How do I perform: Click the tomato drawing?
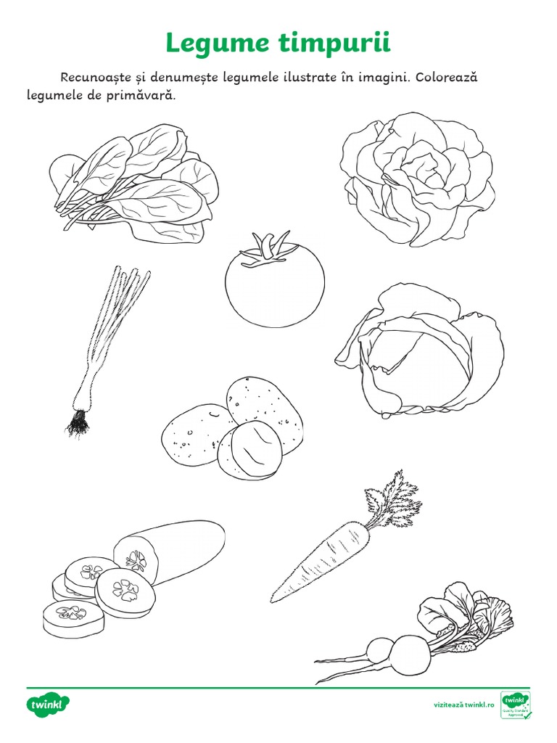274,287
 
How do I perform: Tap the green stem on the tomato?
270,247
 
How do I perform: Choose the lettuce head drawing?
418,178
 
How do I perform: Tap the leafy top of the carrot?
392,496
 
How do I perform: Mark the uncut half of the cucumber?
174,549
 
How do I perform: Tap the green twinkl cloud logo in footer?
48,704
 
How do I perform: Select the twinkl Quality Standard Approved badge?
516,705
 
